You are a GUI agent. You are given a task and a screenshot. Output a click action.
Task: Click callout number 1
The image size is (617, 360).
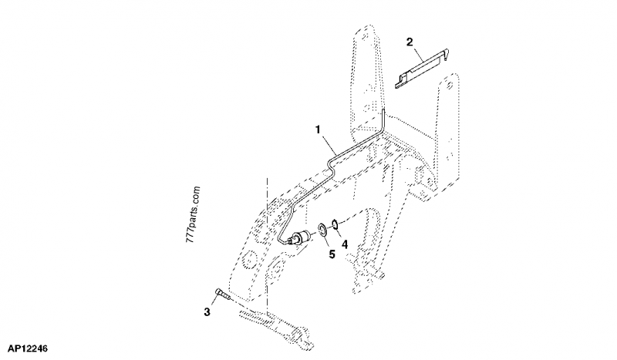319,132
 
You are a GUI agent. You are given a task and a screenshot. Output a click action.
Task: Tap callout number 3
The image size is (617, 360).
206,311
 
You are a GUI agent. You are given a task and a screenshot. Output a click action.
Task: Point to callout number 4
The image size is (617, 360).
345,244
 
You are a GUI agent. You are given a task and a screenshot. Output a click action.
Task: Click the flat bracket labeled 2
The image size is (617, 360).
422,68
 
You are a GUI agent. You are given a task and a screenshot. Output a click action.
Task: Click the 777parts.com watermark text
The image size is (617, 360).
192,212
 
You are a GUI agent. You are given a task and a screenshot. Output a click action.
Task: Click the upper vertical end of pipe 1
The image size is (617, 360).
383,120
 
